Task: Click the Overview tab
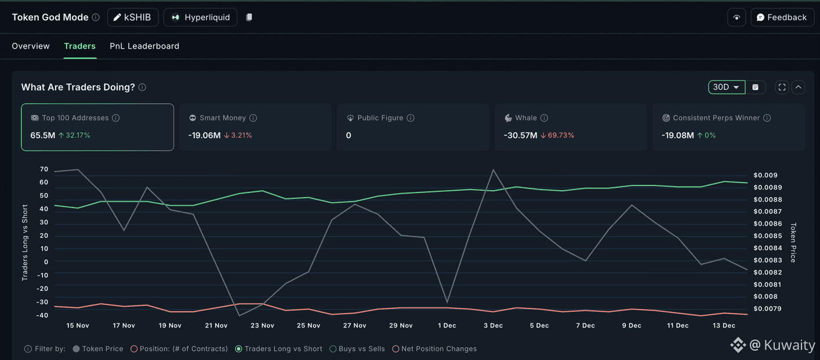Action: pos(31,46)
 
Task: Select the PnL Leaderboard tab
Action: pos(144,46)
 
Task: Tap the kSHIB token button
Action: pos(133,17)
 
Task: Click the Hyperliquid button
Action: pos(201,17)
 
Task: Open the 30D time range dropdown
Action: pos(726,88)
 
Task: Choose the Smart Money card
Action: pos(255,127)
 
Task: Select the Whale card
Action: pos(571,127)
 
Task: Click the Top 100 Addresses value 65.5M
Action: pos(43,136)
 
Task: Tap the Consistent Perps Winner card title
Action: pos(716,118)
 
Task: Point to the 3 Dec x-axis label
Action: pos(493,326)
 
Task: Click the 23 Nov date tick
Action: pos(262,326)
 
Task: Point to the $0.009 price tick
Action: pos(765,176)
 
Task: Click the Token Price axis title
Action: pos(793,242)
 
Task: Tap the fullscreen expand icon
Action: pos(782,88)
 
